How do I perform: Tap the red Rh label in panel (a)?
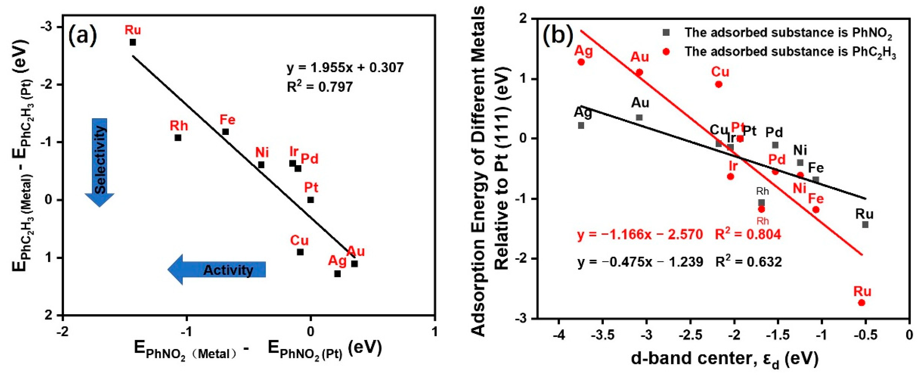pos(179,126)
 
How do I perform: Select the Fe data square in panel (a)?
pos(225,132)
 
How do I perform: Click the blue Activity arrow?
pos(217,270)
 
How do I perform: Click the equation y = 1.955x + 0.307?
pos(345,67)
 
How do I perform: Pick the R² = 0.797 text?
pos(320,87)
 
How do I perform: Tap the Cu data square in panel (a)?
pos(300,252)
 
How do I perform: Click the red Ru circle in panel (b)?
pos(862,303)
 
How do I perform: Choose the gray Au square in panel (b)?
pos(639,117)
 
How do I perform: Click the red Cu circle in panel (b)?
pos(719,84)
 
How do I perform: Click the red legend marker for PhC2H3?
pos(666,52)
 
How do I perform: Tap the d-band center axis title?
pos(725,359)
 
